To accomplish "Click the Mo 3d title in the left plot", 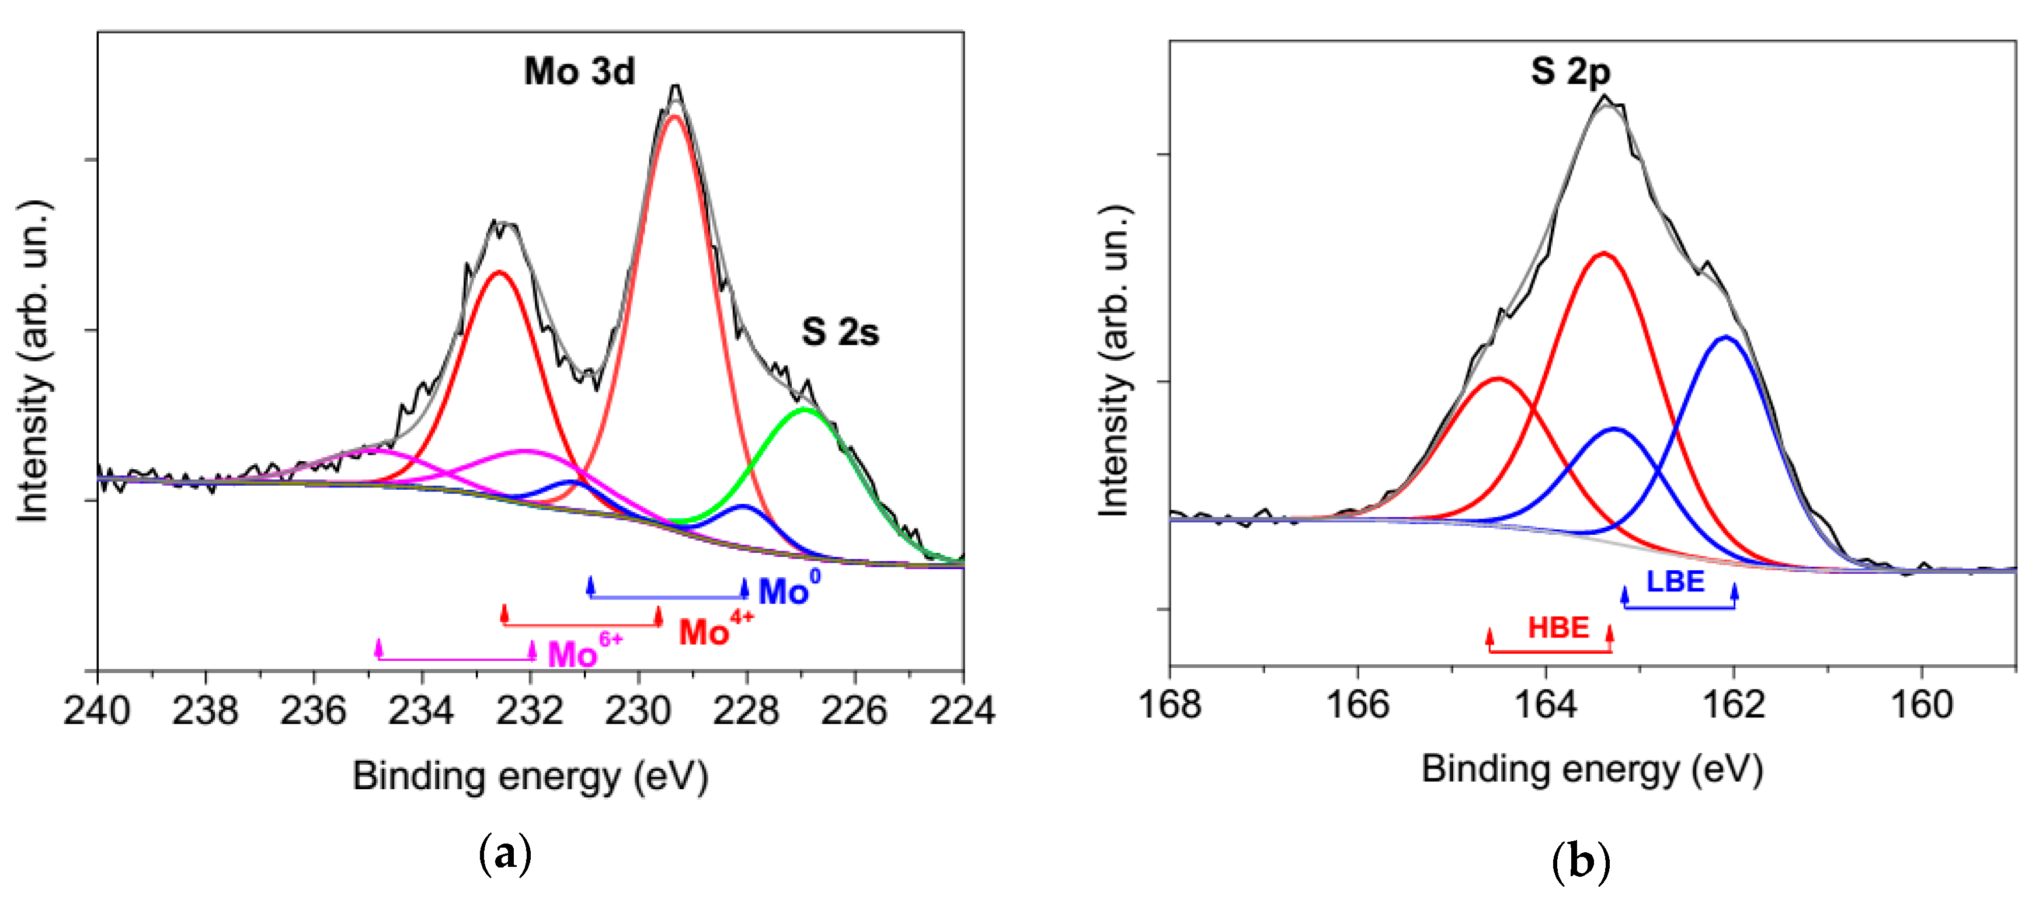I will (579, 72).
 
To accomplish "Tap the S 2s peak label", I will (840, 332).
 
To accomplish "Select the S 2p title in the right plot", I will (1570, 72).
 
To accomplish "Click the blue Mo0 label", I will (788, 590).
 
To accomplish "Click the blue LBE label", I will (1675, 582).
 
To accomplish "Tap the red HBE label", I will (1558, 628).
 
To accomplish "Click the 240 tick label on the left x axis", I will (97, 711).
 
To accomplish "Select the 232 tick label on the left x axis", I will (530, 711).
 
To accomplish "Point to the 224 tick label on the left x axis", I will (962, 711).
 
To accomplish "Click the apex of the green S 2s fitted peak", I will (804, 409).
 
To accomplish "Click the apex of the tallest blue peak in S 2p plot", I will (1726, 337).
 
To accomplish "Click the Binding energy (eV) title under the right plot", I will (1592, 768).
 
